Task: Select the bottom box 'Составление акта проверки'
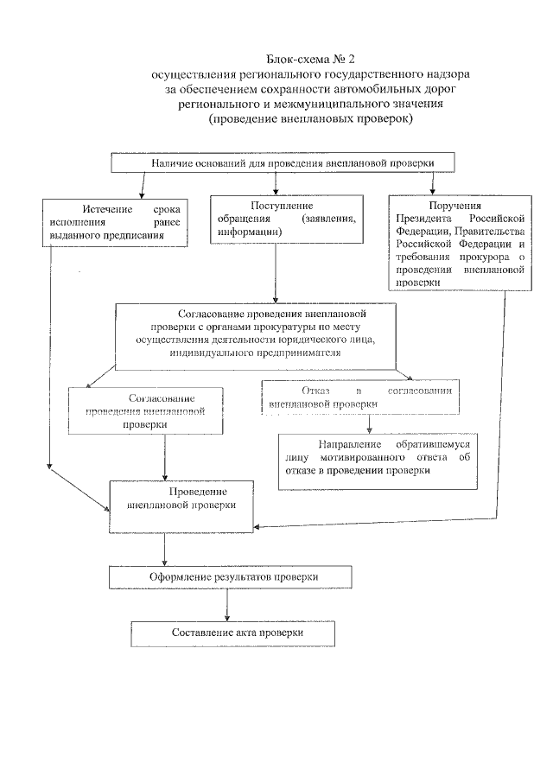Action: click(x=232, y=633)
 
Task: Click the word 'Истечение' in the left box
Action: click(x=107, y=210)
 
